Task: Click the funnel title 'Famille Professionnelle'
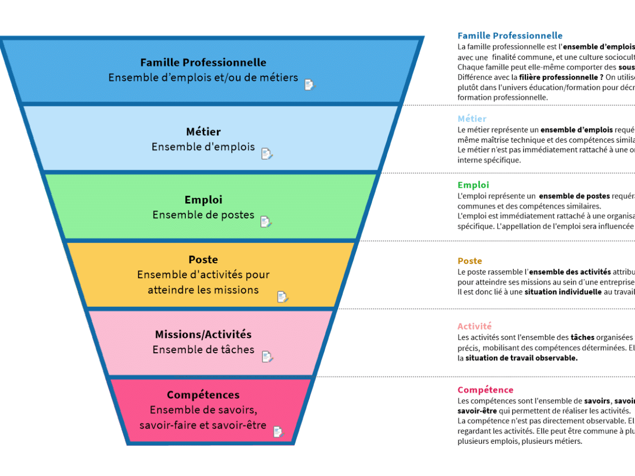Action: coord(203,63)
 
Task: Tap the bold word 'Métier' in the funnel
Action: coord(203,132)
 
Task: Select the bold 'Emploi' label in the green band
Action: coord(203,200)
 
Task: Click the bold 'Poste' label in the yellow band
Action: coord(203,260)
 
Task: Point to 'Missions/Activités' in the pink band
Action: coord(203,334)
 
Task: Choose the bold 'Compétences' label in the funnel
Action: coord(203,395)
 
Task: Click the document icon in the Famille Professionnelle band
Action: coord(310,85)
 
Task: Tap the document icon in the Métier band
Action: coord(267,154)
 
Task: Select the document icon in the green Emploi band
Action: coord(266,222)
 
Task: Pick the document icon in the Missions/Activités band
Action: coord(267,357)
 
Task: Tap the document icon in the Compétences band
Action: coord(278,432)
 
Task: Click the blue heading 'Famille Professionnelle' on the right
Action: coord(510,36)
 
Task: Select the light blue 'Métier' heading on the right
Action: coord(471,119)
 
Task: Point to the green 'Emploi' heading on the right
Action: coord(473,185)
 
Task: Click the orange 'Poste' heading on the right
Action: coord(469,261)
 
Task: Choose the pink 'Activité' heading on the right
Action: coord(474,326)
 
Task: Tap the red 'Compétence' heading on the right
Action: coord(485,390)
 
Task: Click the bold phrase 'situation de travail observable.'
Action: coord(521,358)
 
